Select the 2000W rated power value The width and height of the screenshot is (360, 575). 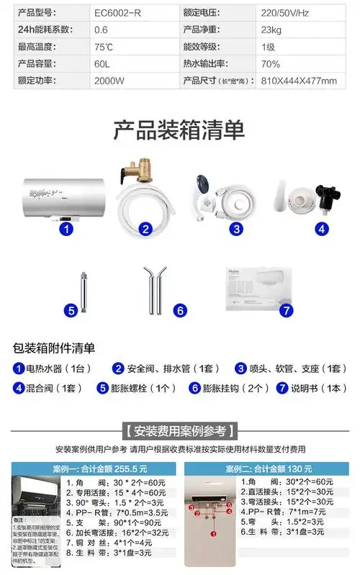[x=109, y=80]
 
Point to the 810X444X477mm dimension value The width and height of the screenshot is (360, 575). [x=298, y=80]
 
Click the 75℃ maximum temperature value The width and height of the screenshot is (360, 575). [x=104, y=47]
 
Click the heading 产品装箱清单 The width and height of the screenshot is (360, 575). [x=179, y=130]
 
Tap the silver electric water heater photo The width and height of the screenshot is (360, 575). [x=65, y=195]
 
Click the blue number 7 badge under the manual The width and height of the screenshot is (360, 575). [x=286, y=310]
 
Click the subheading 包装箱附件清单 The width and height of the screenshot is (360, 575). [x=54, y=348]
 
